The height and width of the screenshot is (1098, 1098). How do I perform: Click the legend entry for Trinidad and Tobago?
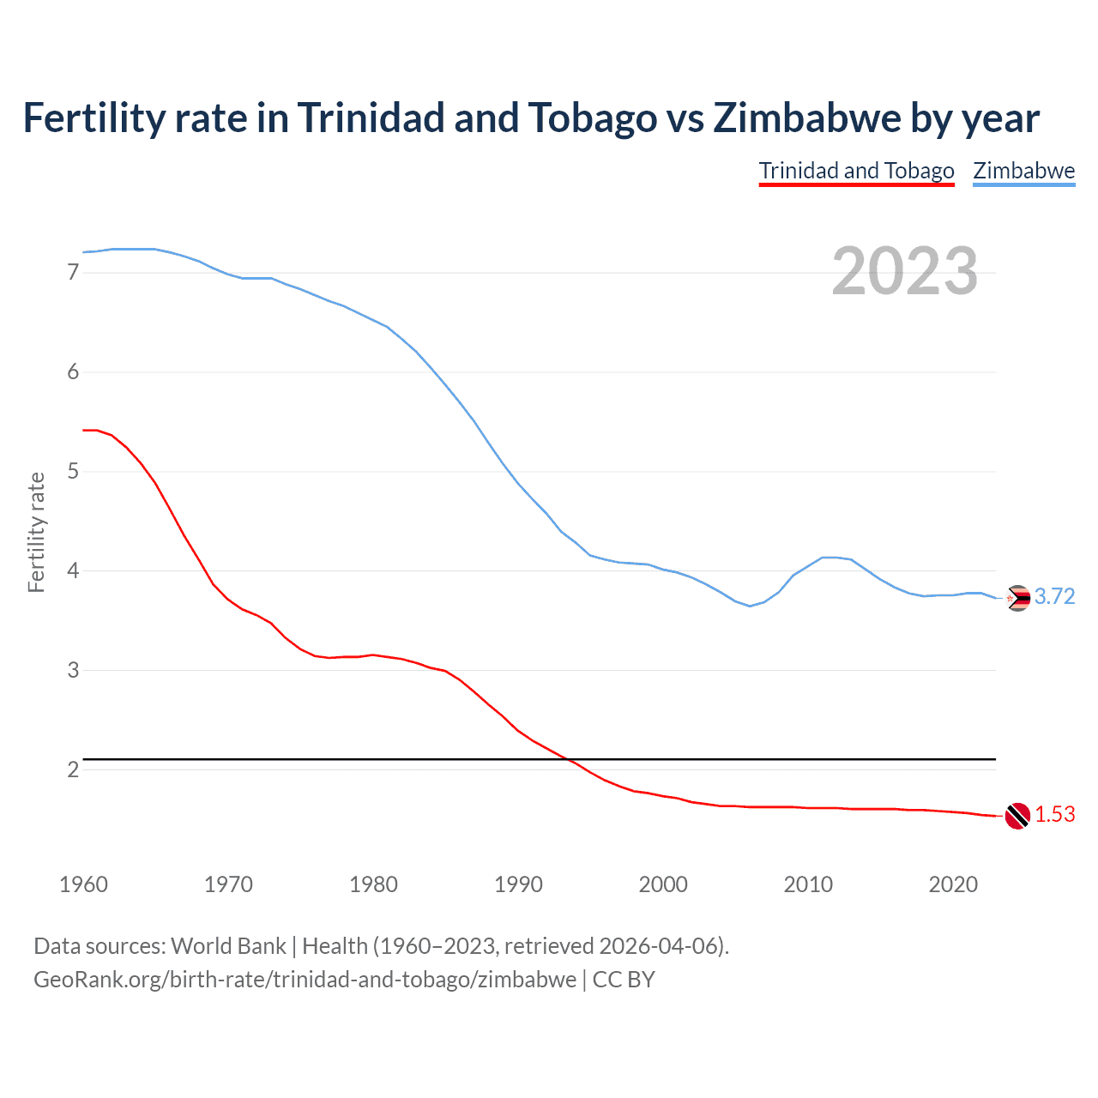(x=856, y=171)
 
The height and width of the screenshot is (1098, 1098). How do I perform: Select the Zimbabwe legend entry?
(x=1023, y=171)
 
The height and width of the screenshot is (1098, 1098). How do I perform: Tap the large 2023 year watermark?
(x=904, y=271)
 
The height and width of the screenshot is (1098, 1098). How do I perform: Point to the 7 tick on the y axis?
(x=73, y=273)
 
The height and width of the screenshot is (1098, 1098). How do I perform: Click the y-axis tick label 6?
(x=73, y=372)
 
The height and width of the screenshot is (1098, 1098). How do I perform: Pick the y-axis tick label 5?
(x=73, y=472)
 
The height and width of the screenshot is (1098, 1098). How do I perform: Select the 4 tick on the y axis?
(x=73, y=570)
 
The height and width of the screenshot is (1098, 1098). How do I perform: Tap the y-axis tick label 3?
(x=73, y=670)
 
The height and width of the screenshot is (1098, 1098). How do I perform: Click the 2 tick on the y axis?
(x=73, y=769)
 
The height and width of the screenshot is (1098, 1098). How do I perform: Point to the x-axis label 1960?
(x=83, y=884)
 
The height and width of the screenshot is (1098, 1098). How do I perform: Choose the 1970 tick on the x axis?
(x=228, y=884)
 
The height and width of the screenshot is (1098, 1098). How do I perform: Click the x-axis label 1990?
(x=518, y=884)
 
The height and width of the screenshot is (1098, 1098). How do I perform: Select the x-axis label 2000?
(x=663, y=884)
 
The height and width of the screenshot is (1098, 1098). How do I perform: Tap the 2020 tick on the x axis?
(x=953, y=884)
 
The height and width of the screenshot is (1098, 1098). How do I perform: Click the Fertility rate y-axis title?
(x=36, y=532)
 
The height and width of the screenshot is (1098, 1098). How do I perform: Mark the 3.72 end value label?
(x=1054, y=597)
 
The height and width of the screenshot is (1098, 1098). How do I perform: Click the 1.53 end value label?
(x=1054, y=815)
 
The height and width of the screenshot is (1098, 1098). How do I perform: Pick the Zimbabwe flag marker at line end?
(x=1017, y=598)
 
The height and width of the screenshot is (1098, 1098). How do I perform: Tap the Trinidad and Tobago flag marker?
(x=1017, y=816)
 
